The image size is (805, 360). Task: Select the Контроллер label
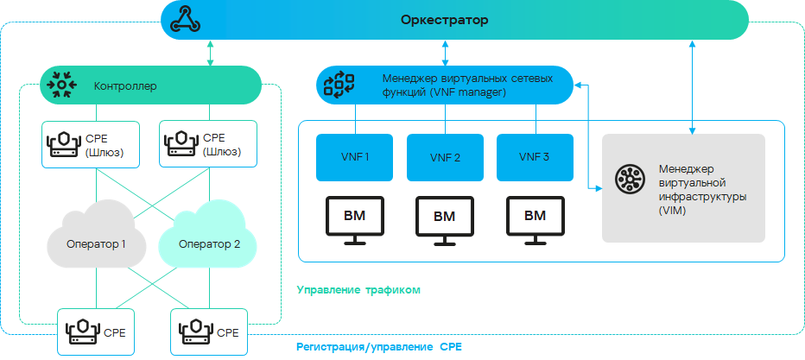click(x=125, y=86)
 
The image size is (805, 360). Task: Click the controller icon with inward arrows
click(x=61, y=85)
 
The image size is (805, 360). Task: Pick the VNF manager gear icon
click(x=338, y=85)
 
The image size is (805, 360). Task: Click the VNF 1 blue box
click(x=354, y=157)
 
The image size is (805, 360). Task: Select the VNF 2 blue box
click(x=445, y=157)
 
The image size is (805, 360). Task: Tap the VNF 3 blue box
click(x=534, y=157)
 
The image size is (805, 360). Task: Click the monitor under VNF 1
click(x=354, y=218)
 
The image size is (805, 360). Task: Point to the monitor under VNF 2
click(x=445, y=218)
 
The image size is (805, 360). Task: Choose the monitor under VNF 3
click(x=535, y=218)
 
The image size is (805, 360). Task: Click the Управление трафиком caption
click(x=358, y=290)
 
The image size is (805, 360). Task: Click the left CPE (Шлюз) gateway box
click(x=91, y=144)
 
